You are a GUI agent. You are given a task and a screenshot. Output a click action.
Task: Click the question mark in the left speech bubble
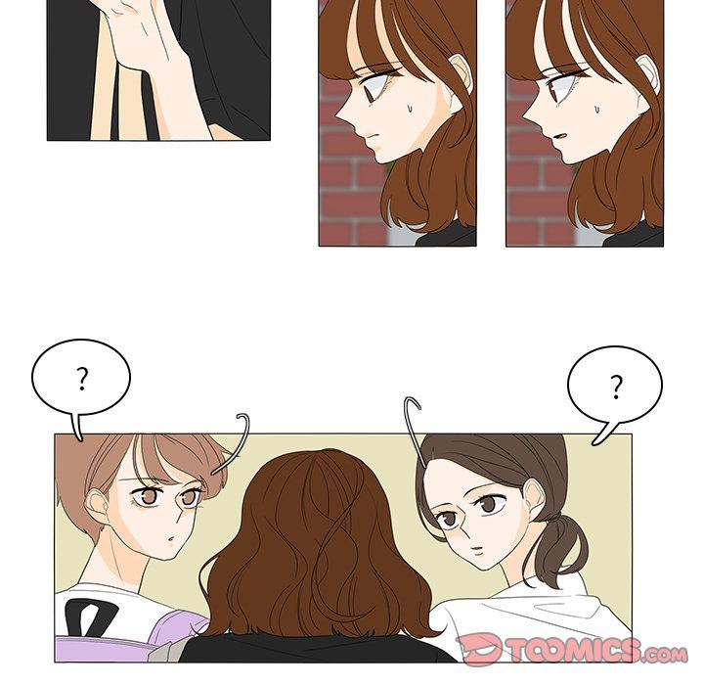(x=82, y=379)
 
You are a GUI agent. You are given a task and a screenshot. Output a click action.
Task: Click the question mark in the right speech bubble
(x=616, y=387)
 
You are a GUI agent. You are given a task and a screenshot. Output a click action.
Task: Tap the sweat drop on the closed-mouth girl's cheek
(x=410, y=109)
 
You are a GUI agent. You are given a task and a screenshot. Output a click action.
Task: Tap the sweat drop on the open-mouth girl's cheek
(x=597, y=110)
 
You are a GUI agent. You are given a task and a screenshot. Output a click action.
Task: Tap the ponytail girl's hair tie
(x=553, y=521)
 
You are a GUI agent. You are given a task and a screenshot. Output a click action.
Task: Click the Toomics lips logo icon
(x=479, y=648)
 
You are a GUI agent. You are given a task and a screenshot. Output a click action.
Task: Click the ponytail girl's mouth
(x=477, y=549)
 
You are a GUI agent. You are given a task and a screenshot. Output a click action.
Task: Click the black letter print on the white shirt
(x=89, y=618)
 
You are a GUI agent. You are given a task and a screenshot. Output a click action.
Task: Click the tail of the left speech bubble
(x=76, y=426)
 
